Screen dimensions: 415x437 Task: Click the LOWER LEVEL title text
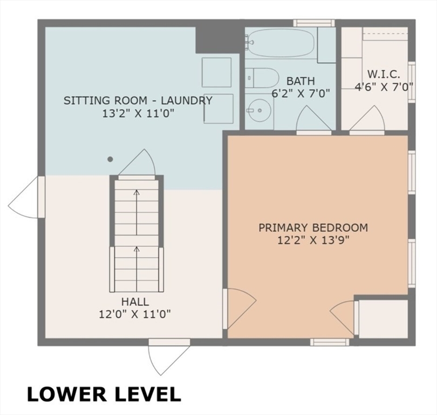[x=104, y=394]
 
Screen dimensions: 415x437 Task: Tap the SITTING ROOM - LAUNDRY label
[x=138, y=101]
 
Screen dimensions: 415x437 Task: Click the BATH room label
[x=301, y=81]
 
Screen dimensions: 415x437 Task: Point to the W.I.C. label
[x=384, y=73]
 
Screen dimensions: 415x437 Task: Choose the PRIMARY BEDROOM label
[x=313, y=227]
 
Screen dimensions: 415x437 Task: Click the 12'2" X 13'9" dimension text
[x=313, y=240]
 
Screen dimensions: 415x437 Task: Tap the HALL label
[x=135, y=302]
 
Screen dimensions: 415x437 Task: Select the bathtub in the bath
[x=281, y=43]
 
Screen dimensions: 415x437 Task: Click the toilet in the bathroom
[x=262, y=78]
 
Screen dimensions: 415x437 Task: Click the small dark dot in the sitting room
[x=110, y=159]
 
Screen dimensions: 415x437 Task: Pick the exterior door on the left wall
[x=24, y=198]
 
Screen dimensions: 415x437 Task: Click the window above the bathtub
[x=313, y=23]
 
